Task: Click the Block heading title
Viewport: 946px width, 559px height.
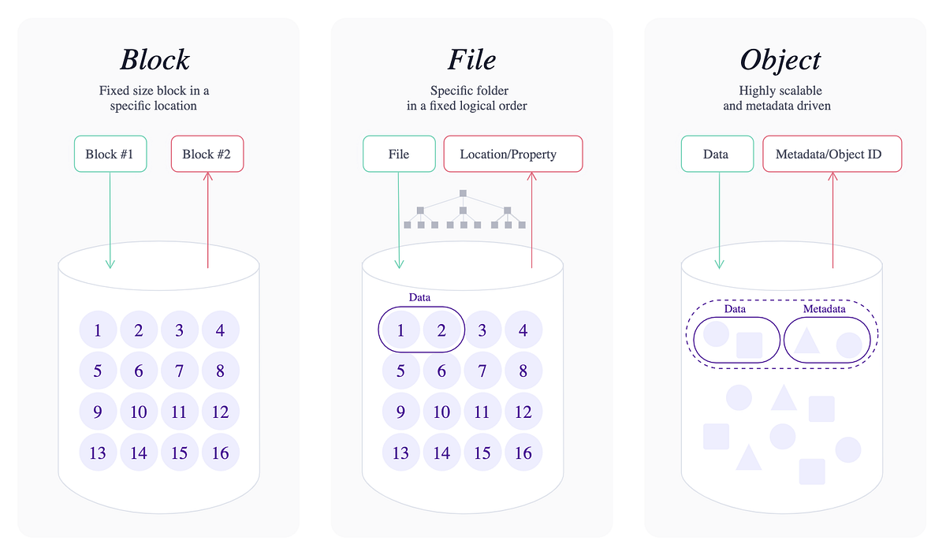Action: (x=155, y=60)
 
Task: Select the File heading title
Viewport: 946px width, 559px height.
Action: (x=471, y=60)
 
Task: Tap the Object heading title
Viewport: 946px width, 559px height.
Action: (x=780, y=60)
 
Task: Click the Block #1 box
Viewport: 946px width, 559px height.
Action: (x=110, y=154)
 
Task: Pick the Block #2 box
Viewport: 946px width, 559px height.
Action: (x=207, y=154)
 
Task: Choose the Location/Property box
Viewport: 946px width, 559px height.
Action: (x=512, y=154)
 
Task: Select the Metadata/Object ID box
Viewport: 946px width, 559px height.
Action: (x=832, y=154)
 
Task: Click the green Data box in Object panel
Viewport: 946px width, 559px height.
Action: (x=716, y=154)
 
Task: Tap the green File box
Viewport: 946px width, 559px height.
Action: (x=399, y=154)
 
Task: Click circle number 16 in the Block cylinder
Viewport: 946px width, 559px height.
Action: (x=221, y=453)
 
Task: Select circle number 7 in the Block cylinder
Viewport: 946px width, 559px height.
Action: (x=180, y=371)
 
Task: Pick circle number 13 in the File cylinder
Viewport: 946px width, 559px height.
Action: (x=400, y=453)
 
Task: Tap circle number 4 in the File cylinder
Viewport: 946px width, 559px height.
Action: (x=523, y=330)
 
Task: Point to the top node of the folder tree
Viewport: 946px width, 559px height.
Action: (x=464, y=193)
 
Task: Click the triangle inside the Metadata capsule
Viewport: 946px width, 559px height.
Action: (x=806, y=341)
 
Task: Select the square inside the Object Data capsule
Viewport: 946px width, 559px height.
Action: (x=749, y=345)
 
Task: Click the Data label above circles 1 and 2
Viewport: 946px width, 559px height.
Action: (x=419, y=297)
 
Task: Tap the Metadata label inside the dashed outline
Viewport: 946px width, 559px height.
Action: (x=824, y=309)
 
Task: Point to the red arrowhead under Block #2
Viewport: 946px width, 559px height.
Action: (x=207, y=177)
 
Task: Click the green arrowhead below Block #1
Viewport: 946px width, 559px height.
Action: (x=110, y=264)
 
